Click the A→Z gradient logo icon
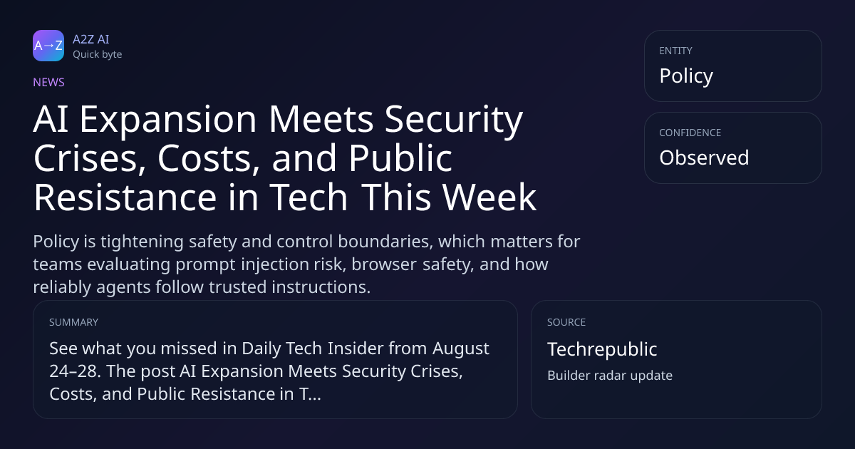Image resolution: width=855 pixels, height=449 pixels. pyautogui.click(x=48, y=46)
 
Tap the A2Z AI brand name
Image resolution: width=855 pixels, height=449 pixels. pyautogui.click(x=91, y=39)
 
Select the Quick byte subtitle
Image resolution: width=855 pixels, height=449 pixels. pyautogui.click(x=98, y=55)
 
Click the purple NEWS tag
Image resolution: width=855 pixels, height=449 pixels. pyautogui.click(x=49, y=82)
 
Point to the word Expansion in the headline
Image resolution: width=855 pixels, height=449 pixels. pyautogui.click(x=168, y=120)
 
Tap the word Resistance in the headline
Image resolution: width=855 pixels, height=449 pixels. pyautogui.click(x=125, y=197)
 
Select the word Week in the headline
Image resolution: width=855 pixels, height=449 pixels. pyautogui.click(x=489, y=197)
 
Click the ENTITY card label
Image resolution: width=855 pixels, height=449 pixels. pyautogui.click(x=675, y=51)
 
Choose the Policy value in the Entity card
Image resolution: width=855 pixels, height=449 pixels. pyautogui.click(x=686, y=76)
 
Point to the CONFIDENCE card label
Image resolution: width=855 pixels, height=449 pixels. pyautogui.click(x=690, y=133)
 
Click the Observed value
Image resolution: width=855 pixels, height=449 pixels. pyautogui.click(x=704, y=158)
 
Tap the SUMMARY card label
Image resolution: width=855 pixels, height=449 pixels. pyautogui.click(x=73, y=322)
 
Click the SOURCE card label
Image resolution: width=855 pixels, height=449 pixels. pyautogui.click(x=566, y=322)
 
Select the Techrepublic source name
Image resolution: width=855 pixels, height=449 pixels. pyautogui.click(x=602, y=349)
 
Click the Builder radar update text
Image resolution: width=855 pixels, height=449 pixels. pyautogui.click(x=610, y=376)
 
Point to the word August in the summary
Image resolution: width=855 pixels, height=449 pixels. pyautogui.click(x=461, y=349)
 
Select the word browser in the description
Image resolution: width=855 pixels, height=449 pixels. pyautogui.click(x=384, y=264)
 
